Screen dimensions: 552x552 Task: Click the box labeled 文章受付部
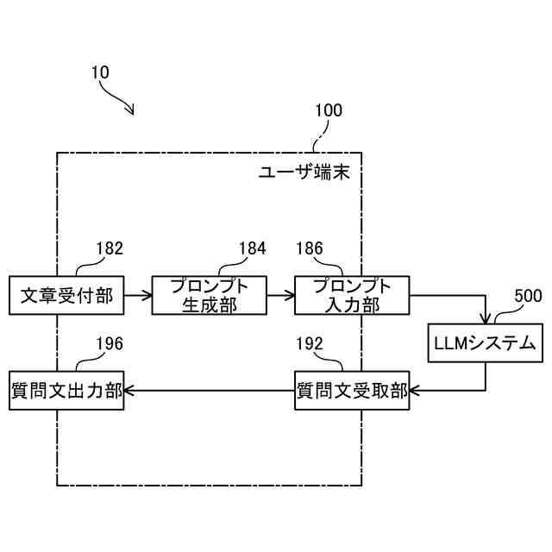[66, 296]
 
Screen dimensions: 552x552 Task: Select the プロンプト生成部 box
[209, 296]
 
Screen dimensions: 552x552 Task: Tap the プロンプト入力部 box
[352, 296]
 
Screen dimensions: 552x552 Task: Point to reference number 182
[109, 249]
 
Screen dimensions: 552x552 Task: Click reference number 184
[252, 249]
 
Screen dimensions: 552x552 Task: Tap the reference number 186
[309, 249]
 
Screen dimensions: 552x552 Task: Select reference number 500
[528, 296]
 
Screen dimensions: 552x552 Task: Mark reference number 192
[309, 344]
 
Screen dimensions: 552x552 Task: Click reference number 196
[109, 344]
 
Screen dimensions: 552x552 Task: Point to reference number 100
[328, 110]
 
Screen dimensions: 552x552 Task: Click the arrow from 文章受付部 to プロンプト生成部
[138, 296]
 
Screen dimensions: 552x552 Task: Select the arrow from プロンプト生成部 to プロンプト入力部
[280, 296]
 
